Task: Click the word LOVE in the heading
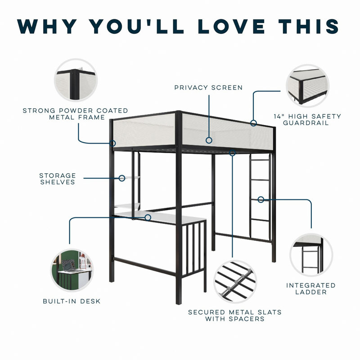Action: pos(231,26)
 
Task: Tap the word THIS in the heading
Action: pos(309,26)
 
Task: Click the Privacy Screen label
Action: pos(208,87)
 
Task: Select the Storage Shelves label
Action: pos(58,179)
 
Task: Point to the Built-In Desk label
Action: pos(72,301)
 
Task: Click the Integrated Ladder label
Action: pos(311,288)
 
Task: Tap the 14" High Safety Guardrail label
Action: pos(307,120)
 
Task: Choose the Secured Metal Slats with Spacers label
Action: pos(234,315)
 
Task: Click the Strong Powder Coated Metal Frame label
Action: pos(76,114)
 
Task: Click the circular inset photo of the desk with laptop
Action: pos(72,270)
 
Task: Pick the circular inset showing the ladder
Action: pos(311,255)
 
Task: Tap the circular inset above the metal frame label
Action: pos(76,80)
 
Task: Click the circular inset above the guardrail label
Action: pos(307,85)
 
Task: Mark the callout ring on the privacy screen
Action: pos(209,140)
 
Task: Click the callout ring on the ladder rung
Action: pos(261,199)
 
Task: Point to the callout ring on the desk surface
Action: pos(148,217)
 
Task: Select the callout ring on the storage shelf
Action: pos(122,178)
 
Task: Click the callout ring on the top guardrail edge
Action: pos(253,123)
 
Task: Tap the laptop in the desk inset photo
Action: pos(68,265)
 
